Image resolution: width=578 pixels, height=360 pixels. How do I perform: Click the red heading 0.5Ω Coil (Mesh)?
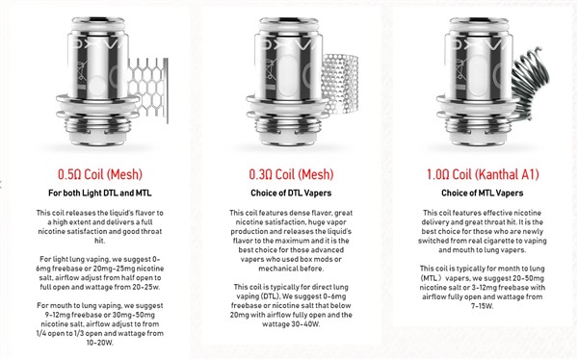[100, 174]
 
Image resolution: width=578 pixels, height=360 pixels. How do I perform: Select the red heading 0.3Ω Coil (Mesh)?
[291, 174]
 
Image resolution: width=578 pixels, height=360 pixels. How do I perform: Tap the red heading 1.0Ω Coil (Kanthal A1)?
[483, 174]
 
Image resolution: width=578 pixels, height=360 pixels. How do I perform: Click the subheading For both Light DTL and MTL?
[100, 193]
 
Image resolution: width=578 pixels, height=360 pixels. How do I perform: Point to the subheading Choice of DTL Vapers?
[291, 193]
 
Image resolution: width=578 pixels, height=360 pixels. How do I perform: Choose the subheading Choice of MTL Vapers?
[483, 193]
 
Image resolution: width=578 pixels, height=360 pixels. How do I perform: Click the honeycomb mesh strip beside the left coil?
[148, 90]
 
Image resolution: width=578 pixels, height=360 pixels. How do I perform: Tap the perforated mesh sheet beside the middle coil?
[339, 84]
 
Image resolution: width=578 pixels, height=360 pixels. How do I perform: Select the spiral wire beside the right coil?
[530, 85]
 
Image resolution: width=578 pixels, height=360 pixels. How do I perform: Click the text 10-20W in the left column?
[100, 343]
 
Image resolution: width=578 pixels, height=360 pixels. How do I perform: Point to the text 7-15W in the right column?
[483, 306]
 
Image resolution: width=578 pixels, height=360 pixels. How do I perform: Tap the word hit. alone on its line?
[100, 241]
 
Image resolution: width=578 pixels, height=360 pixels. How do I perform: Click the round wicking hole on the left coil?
[97, 86]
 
